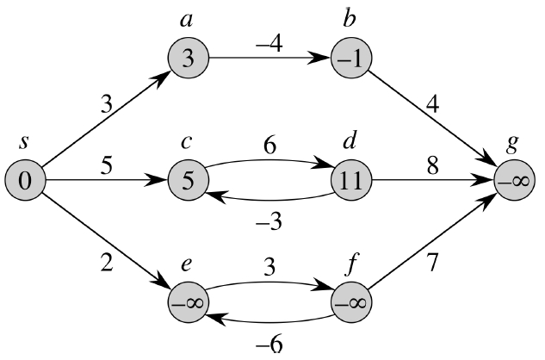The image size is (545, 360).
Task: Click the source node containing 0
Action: coord(24,182)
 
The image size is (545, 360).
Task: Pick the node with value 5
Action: coord(189,182)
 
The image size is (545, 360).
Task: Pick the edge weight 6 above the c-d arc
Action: coord(269,146)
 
